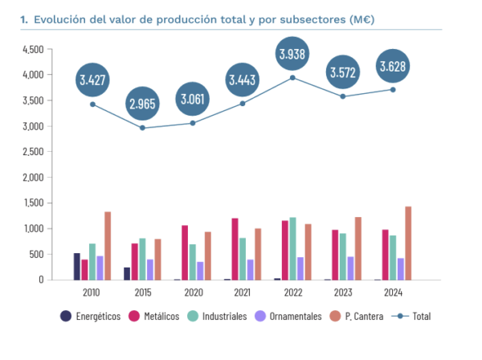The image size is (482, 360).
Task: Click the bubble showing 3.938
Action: tap(292, 55)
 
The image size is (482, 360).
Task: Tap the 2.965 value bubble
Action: tap(142, 105)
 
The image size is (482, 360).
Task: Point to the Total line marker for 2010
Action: tap(93, 104)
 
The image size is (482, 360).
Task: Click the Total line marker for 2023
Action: tap(341, 96)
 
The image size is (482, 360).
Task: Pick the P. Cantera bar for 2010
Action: tap(108, 246)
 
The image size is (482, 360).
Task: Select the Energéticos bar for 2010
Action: tap(77, 266)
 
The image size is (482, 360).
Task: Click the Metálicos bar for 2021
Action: tap(235, 249)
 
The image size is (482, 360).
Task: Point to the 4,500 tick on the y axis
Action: tap(33, 49)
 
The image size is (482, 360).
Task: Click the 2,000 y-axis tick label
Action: tap(33, 178)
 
